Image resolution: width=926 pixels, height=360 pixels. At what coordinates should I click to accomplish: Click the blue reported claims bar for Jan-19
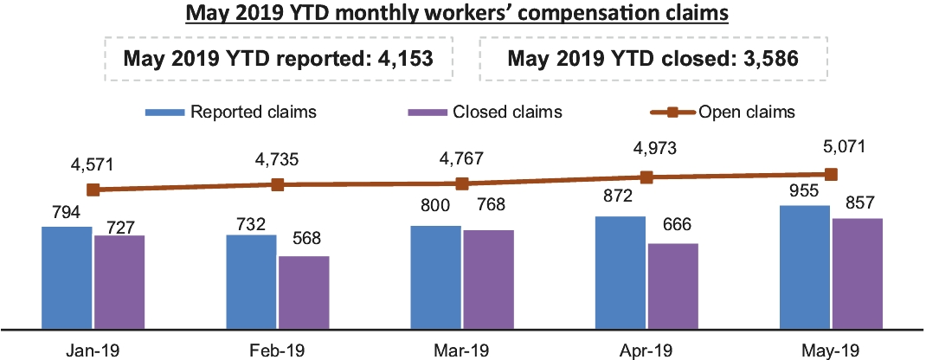67,277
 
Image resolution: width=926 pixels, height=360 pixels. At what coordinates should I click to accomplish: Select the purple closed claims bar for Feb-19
304,292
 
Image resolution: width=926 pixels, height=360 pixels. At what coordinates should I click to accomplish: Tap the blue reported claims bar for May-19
806,267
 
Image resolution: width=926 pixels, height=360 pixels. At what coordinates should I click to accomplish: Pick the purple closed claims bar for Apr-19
672,286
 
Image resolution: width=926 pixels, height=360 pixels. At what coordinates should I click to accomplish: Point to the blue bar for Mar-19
436,277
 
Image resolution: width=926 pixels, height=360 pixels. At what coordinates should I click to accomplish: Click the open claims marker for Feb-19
278,184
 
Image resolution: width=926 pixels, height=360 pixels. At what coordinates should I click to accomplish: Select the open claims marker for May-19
832,174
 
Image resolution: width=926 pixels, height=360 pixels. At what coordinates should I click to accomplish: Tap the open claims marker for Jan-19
93,189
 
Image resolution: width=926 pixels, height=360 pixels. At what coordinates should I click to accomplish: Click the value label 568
304,242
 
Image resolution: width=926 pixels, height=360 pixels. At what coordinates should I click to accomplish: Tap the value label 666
672,229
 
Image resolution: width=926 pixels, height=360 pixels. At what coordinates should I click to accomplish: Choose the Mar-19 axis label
462,350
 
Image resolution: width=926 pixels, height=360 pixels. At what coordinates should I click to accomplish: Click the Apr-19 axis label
646,350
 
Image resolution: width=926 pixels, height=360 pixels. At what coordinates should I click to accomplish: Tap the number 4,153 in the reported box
399,59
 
